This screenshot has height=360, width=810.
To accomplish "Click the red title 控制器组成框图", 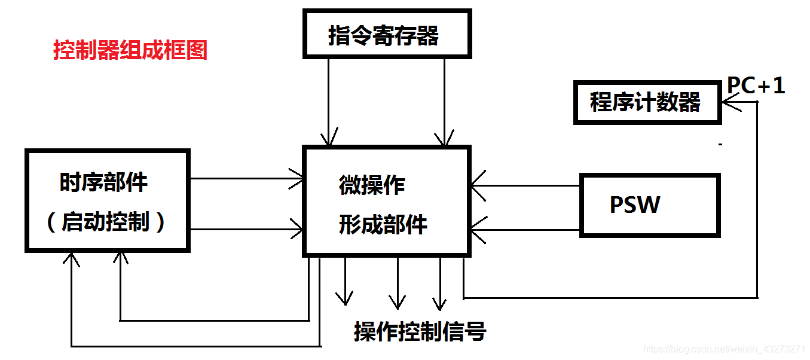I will pos(130,50).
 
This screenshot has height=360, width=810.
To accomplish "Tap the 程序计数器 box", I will pos(646,102).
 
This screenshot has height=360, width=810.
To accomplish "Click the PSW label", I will pos(635,205).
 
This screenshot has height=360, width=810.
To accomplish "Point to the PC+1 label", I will pos(756,86).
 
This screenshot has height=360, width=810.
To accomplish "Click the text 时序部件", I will pos(103,182).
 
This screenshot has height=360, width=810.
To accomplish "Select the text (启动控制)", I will pos(105,222).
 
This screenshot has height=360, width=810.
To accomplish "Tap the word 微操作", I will pos(372,185).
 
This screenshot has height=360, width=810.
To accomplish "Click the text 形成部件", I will pos(383,224).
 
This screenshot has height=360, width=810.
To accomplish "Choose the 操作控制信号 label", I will pos(420,331).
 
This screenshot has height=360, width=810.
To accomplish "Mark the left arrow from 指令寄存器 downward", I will pos(328,102).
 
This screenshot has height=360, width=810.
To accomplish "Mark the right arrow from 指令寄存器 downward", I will pos(444,102).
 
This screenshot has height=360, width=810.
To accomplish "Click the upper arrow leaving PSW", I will pos(526,185).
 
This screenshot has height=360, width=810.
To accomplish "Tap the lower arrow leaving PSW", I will pos(526,229).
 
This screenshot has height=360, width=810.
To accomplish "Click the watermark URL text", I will pos(723,349).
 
